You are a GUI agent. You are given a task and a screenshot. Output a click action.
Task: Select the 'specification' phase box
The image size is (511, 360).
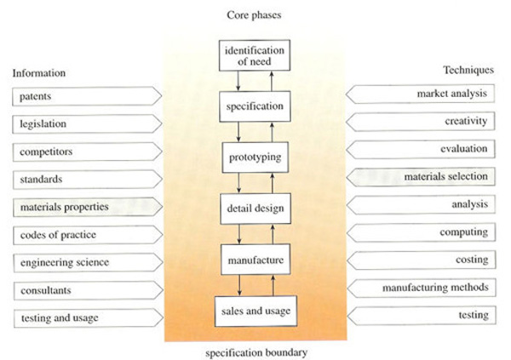255,108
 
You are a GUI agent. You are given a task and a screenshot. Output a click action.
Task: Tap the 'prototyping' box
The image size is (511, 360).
255,157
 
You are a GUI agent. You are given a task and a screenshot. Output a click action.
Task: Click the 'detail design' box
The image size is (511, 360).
255,207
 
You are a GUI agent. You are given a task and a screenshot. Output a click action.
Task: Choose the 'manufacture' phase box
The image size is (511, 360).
255,256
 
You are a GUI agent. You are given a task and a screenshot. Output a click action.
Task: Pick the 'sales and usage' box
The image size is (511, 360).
255,310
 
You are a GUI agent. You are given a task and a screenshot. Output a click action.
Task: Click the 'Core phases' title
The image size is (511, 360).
255,14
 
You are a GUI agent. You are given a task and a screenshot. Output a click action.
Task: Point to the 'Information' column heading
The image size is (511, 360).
38,72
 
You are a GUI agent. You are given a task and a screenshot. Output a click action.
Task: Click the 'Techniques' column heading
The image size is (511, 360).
468,69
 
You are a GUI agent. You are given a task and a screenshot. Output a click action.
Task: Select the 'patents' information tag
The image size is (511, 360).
85,95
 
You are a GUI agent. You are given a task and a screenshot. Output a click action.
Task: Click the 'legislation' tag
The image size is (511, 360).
85,123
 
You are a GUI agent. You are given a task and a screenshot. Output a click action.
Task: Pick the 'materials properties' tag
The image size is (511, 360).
85,206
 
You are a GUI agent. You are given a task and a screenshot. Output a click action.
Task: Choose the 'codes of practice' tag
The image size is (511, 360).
85,234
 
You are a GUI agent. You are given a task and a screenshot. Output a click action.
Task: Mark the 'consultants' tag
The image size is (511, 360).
85,289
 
